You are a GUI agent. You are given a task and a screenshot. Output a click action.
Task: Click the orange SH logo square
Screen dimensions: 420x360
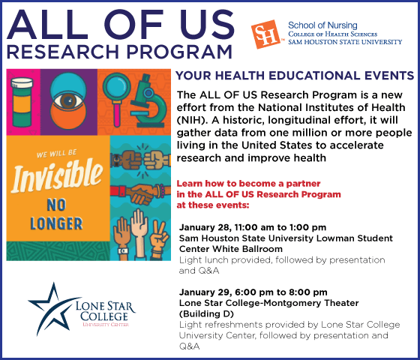point(265,34)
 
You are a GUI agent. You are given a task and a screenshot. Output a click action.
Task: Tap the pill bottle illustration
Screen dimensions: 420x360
point(22,102)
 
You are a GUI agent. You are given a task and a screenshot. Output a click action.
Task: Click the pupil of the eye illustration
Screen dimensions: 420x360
point(68,100)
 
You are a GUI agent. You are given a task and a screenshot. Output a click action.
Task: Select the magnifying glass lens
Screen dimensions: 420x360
point(116,87)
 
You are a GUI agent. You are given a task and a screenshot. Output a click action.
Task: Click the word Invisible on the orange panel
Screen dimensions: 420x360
point(56,175)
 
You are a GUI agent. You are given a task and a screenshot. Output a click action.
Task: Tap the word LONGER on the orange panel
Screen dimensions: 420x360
point(56,223)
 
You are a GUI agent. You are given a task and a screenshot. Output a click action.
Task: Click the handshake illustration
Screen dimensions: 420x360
point(140,193)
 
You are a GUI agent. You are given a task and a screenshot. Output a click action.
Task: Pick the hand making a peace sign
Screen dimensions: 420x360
point(159,240)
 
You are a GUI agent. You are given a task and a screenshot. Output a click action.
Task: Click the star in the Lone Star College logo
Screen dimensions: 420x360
point(53,308)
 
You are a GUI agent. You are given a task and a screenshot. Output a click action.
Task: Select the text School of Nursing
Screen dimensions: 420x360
point(322,25)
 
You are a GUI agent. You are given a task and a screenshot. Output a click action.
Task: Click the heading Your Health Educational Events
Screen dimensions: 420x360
point(294,76)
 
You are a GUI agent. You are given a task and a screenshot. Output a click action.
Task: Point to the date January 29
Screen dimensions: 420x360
point(205,292)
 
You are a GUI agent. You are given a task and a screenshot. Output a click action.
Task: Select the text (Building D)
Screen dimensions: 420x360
point(206,313)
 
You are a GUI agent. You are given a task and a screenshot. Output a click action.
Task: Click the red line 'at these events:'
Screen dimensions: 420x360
point(213,205)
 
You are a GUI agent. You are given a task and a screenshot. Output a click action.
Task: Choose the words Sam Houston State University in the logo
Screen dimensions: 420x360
point(345,42)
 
